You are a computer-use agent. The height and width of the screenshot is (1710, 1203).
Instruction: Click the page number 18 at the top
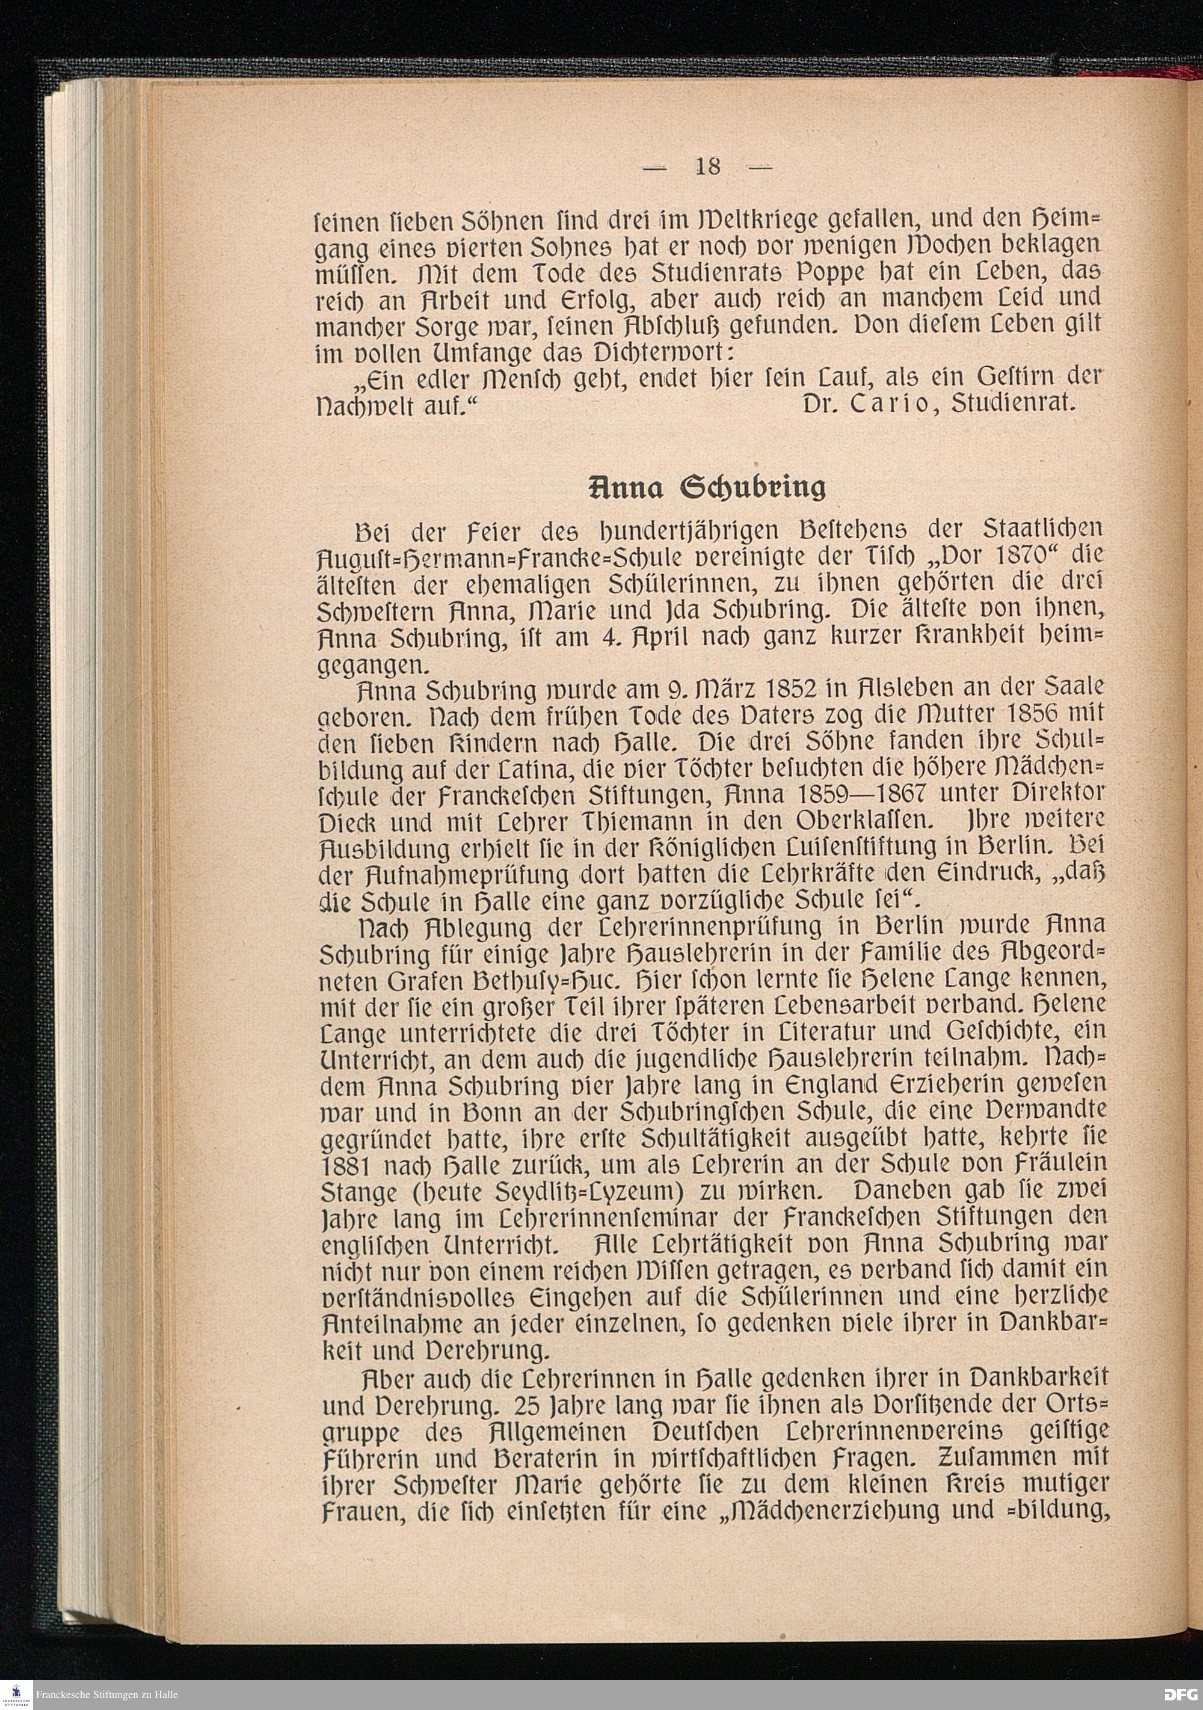[707, 165]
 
